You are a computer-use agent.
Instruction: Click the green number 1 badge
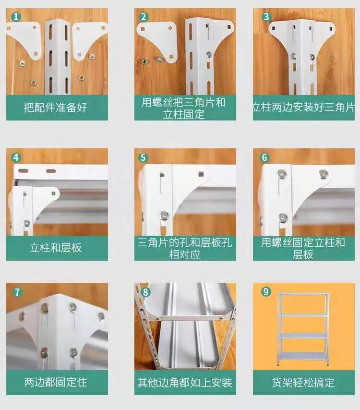click(x=16, y=17)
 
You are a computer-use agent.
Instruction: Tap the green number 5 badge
click(x=143, y=157)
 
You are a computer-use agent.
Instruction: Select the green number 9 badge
click(x=266, y=291)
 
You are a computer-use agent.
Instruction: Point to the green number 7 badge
click(x=17, y=292)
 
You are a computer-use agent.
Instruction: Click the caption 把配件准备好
click(x=55, y=108)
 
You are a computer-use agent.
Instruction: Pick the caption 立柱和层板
click(x=55, y=248)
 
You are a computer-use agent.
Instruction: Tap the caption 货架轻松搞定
click(x=303, y=382)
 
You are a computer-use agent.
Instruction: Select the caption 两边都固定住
click(x=55, y=382)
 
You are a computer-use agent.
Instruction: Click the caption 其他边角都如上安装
click(x=185, y=383)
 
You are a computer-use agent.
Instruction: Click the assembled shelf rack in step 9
click(x=303, y=329)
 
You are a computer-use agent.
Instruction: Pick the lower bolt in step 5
click(x=164, y=216)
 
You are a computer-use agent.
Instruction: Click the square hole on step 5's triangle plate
click(x=201, y=174)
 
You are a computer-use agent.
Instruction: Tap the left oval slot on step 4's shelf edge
click(x=23, y=171)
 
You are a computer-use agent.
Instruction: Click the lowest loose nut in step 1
click(x=34, y=83)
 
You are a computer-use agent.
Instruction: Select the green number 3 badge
click(x=266, y=17)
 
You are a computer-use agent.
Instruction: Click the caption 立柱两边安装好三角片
click(x=303, y=108)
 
